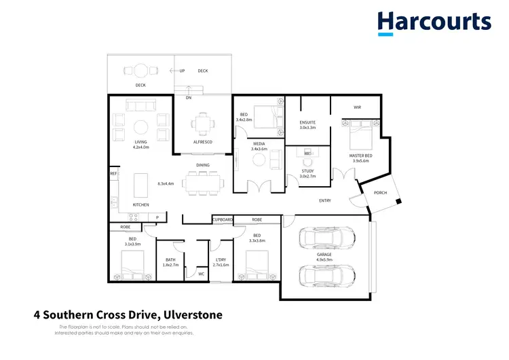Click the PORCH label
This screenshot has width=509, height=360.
pyautogui.click(x=381, y=193)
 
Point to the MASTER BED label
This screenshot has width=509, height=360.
pyautogui.click(x=360, y=156)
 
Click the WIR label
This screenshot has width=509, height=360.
pyautogui.click(x=357, y=107)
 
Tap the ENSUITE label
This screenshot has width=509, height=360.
pyautogui.click(x=308, y=122)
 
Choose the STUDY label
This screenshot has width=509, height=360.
pyautogui.click(x=307, y=171)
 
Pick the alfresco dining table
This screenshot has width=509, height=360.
pyautogui.click(x=201, y=124)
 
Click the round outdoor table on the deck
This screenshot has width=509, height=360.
pyautogui.click(x=140, y=69)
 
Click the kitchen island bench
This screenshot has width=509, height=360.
pyautogui.click(x=141, y=183)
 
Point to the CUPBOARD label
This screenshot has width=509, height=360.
pyautogui.click(x=223, y=220)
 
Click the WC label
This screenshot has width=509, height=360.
pyautogui.click(x=202, y=274)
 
